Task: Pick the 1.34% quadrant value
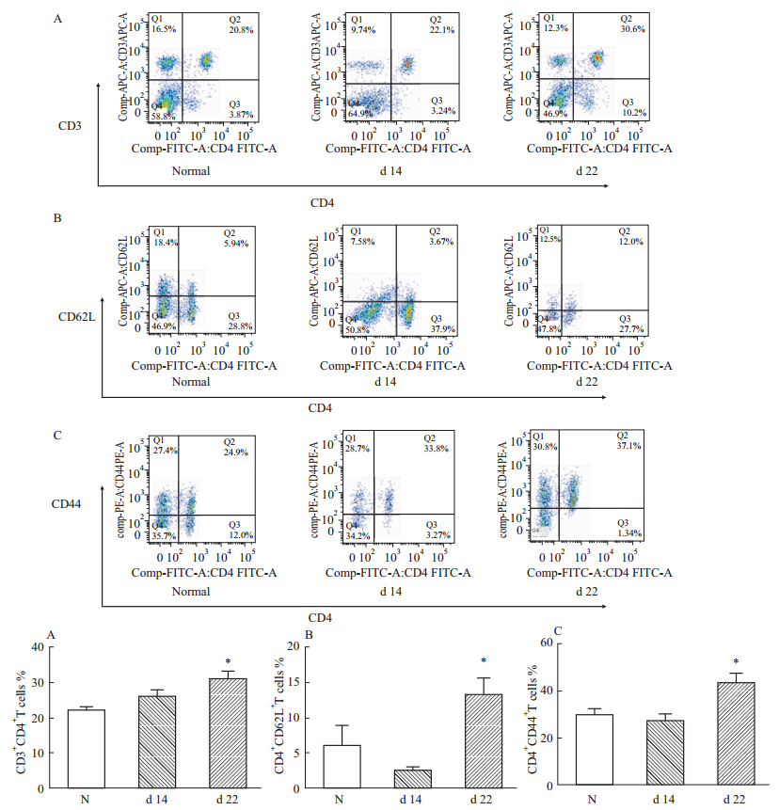(629, 533)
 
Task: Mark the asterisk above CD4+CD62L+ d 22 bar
(484, 660)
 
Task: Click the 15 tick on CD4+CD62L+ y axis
(296, 682)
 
